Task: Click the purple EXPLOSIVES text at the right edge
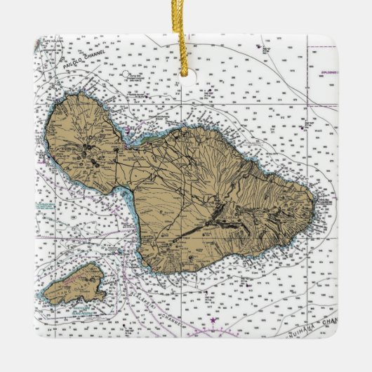click(325, 73)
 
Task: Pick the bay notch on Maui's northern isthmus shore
click(149, 138)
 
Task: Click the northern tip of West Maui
click(77, 95)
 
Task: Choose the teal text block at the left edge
click(45, 208)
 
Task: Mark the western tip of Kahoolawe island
click(43, 294)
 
